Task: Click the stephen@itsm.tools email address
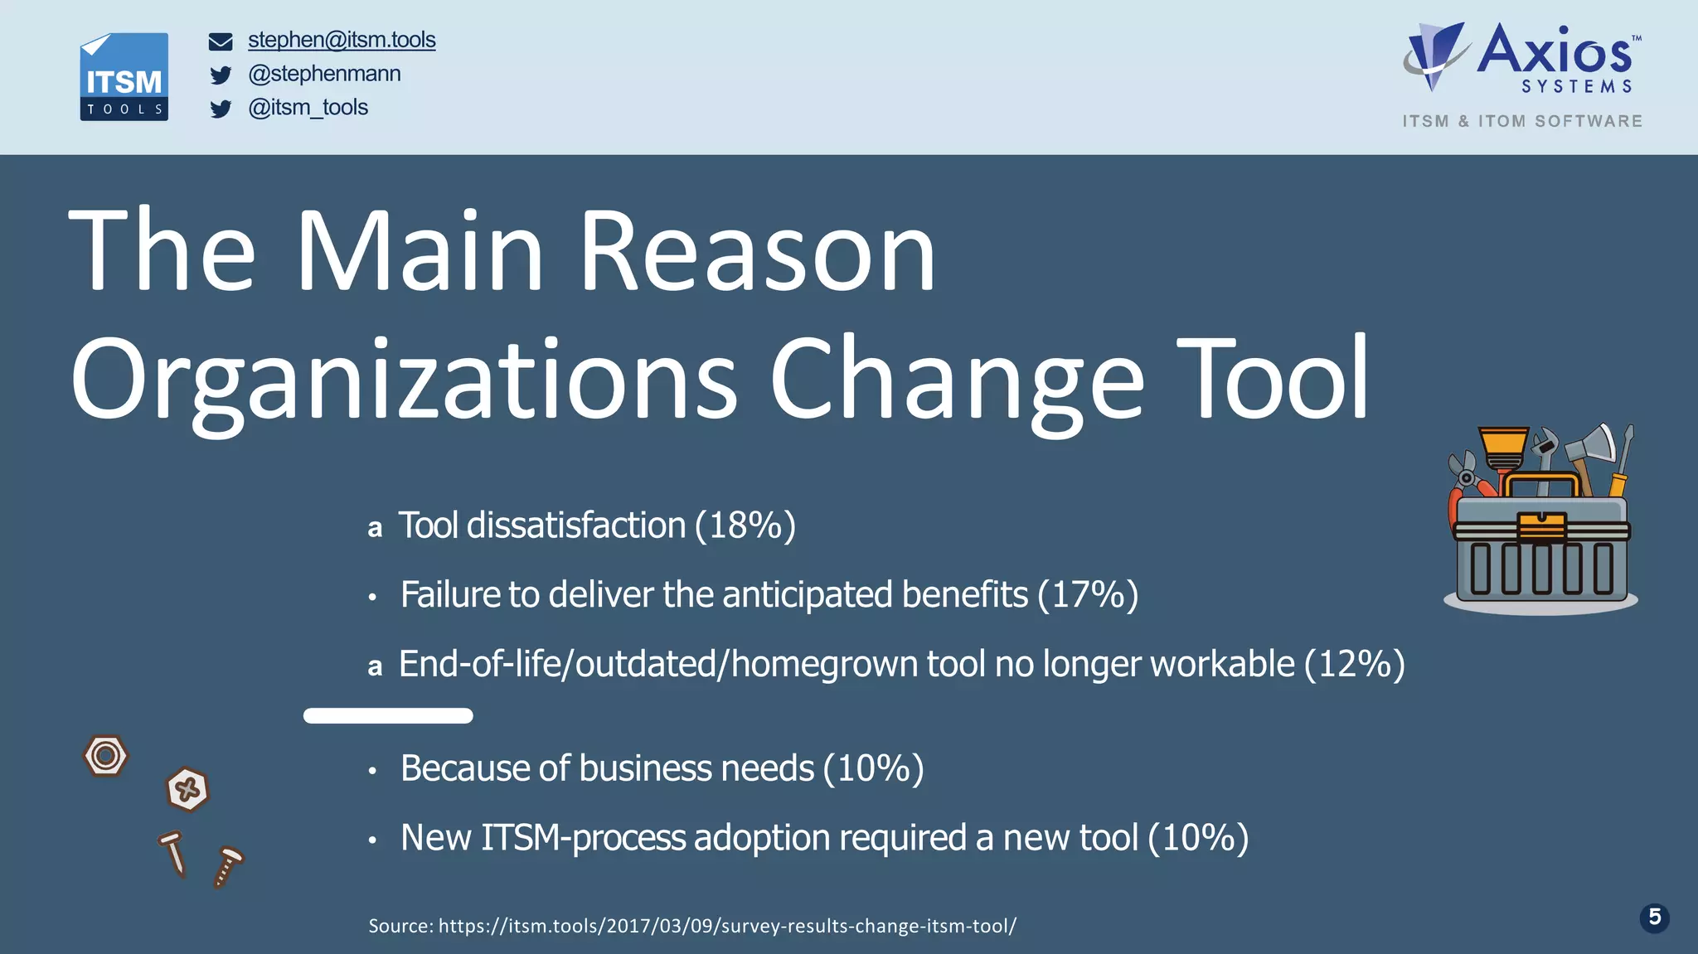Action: pos(342,40)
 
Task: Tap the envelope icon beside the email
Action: pos(221,41)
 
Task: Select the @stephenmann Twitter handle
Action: pos(324,74)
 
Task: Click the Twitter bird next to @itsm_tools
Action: pos(221,109)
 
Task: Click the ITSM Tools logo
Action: pos(124,77)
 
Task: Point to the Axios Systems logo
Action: pos(1521,58)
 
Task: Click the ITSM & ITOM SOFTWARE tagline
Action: pos(1522,122)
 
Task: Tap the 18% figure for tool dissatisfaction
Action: pos(745,525)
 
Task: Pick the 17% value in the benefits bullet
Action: pos(1088,595)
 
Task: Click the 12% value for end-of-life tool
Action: pos(1354,665)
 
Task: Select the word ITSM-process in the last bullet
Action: pos(584,838)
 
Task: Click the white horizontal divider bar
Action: pos(388,716)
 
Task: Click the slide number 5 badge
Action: pos(1654,918)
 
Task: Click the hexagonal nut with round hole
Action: pos(105,756)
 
